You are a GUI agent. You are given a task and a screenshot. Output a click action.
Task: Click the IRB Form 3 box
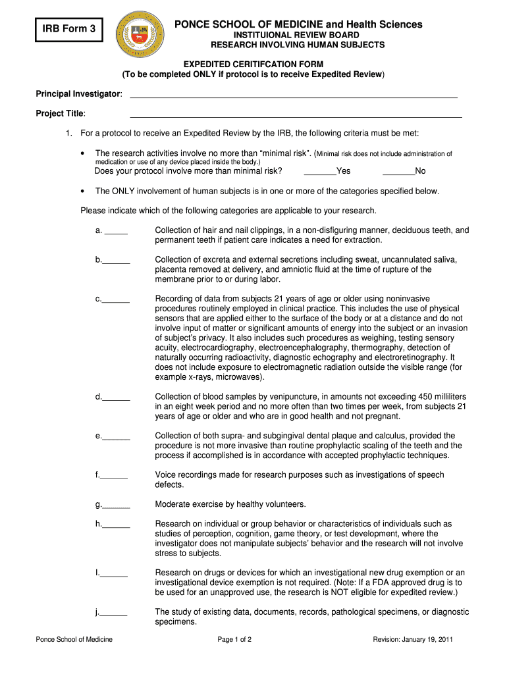[69, 29]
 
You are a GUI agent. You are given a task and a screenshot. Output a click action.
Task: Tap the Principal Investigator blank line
[293, 97]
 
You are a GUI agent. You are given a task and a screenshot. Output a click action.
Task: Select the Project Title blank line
[296, 116]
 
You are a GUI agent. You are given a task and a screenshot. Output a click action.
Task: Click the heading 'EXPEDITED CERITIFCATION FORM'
[254, 64]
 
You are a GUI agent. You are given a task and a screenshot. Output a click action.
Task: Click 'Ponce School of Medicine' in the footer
[74, 640]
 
